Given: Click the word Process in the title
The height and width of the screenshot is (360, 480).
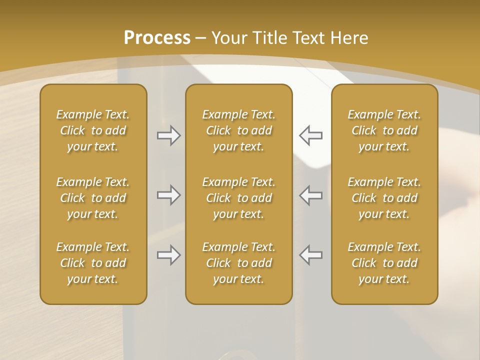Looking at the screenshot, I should [x=157, y=38].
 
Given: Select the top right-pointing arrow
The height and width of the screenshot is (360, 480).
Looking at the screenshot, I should [x=168, y=135].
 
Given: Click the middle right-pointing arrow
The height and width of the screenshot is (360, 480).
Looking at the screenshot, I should [x=168, y=195].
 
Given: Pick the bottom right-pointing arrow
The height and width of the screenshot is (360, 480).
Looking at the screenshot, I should [x=168, y=255].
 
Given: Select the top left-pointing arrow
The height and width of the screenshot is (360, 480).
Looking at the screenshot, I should [x=311, y=135].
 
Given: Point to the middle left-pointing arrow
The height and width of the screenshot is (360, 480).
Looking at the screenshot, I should [x=311, y=195].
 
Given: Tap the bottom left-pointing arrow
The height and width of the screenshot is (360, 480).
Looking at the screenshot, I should [x=311, y=255].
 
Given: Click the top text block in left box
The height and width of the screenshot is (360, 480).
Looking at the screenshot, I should [x=93, y=130].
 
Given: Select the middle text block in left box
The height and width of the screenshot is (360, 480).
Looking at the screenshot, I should [x=93, y=198].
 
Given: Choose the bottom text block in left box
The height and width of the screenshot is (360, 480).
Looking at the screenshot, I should [x=93, y=263].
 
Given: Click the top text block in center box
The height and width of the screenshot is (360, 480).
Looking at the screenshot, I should [x=239, y=130].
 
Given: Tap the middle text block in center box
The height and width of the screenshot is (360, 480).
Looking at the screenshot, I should [x=239, y=198].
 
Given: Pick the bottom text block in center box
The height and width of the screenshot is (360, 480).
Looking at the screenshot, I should [x=239, y=263].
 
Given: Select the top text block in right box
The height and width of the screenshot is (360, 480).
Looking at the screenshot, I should [x=384, y=130].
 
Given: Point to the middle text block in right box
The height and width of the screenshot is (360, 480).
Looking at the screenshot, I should [x=384, y=198].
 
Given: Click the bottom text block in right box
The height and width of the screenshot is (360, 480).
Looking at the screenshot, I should [x=384, y=263].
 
